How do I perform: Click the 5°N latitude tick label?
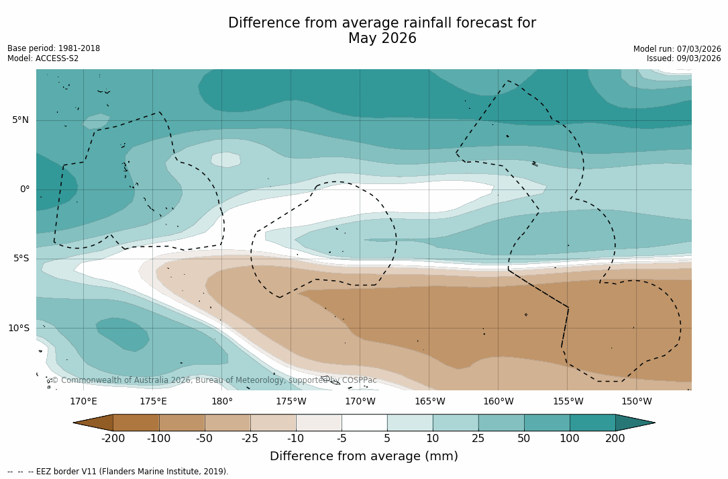point(20,120)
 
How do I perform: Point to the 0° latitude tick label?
point(24,189)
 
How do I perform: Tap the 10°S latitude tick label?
point(18,329)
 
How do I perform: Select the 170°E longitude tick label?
point(83,402)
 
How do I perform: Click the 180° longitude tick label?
point(222,402)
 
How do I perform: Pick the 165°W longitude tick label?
point(429,402)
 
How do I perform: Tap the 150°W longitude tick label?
point(637,402)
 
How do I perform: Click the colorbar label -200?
point(113,439)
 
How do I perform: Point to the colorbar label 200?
point(615,439)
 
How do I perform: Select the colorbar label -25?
point(250,439)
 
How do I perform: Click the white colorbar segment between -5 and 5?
point(364,423)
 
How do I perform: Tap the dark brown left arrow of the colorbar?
point(93,423)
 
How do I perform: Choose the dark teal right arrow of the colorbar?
point(635,423)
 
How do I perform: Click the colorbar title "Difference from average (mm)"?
point(364,456)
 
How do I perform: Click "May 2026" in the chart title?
point(382,39)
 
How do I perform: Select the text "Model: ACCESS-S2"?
point(43,58)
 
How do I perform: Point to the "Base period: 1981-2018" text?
point(54,48)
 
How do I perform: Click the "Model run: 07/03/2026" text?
point(677,49)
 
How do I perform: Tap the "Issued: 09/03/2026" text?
point(684,58)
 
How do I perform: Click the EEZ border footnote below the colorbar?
point(118,472)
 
